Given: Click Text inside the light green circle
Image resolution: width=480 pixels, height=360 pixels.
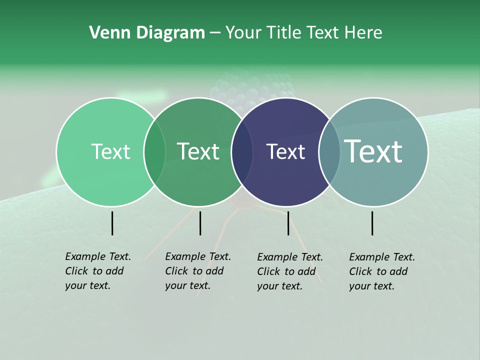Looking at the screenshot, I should [110, 152].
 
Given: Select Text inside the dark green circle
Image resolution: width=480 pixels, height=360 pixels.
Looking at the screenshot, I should [198, 151].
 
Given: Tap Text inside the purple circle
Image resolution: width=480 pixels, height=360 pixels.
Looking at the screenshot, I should [285, 152].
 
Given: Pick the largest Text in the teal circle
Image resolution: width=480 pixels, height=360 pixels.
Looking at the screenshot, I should [373, 151].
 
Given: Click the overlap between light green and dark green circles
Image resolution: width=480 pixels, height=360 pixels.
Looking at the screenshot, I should [154, 152].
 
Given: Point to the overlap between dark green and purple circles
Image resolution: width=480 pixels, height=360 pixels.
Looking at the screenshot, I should [242, 152].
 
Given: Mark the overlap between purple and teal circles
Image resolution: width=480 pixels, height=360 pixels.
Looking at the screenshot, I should [329, 152].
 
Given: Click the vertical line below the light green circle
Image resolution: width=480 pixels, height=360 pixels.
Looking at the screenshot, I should [112, 223].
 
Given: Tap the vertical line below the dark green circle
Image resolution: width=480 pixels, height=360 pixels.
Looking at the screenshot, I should [200, 223].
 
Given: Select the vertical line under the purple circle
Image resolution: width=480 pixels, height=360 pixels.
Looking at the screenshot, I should [288, 223].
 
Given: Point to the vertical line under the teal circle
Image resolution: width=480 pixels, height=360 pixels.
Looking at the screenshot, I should [372, 223].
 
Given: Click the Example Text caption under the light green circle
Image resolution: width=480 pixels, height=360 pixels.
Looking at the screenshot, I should [98, 271].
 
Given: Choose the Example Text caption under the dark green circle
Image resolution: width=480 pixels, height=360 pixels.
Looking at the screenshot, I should [198, 271].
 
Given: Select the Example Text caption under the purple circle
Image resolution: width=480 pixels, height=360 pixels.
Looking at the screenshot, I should [290, 271].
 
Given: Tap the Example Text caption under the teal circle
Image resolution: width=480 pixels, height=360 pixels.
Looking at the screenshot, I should [382, 271].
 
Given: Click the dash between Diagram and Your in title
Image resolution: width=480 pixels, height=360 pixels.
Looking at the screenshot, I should [215, 33].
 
